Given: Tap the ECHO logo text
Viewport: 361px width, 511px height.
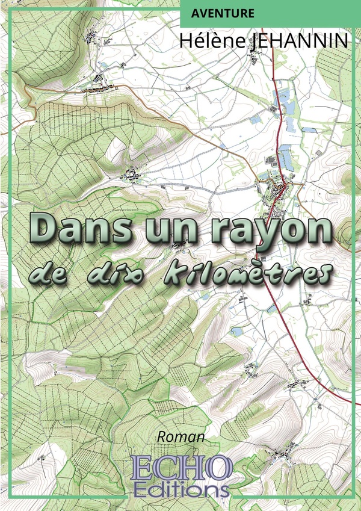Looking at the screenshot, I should click(x=182, y=464).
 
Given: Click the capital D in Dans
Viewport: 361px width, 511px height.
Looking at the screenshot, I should click(x=44, y=227).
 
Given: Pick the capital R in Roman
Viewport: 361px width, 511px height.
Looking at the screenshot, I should click(x=162, y=437).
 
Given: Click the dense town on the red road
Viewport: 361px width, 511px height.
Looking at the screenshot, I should click(x=278, y=193).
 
